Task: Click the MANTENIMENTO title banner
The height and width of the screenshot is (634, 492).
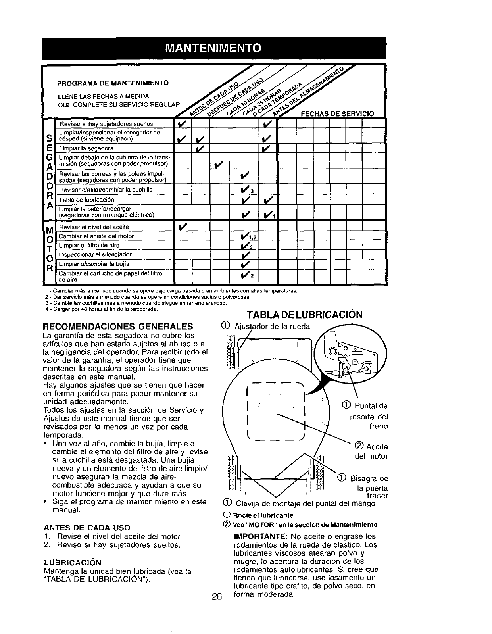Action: pos(213,48)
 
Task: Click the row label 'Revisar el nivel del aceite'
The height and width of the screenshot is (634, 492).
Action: pos(94,227)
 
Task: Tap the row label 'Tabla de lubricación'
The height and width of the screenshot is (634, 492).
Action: pos(86,200)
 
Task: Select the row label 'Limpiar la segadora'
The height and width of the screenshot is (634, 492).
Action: pos(86,148)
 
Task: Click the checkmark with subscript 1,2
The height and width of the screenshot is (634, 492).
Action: pos(247,236)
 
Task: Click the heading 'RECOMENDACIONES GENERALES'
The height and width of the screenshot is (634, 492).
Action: pos(118,327)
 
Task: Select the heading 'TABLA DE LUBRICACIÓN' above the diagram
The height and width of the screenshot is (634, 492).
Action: pos(304,315)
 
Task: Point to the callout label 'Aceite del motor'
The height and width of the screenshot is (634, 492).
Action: pos(372,451)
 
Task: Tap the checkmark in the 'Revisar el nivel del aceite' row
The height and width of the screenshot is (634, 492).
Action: pos(183,227)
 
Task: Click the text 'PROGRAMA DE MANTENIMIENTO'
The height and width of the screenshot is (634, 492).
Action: pos(113,83)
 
